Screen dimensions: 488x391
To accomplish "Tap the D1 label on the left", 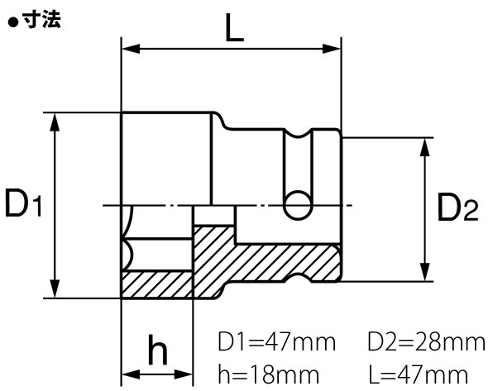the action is [23, 204].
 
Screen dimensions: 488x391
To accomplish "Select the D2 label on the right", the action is [457, 207].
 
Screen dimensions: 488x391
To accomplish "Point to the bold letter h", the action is [157, 350].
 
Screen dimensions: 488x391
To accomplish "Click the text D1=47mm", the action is [277, 341].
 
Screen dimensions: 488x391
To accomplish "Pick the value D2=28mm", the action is [427, 341].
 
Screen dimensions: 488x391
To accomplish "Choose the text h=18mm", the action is [269, 374].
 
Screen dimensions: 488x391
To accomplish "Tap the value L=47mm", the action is [419, 374].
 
